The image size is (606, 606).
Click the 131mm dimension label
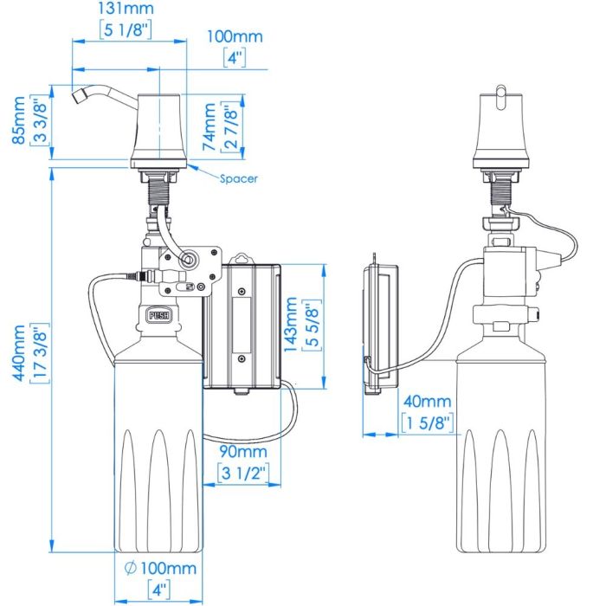(x=126, y=8)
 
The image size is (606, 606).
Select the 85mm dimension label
(x=19, y=120)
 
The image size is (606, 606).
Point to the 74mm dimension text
(x=210, y=126)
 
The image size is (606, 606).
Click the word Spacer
(x=238, y=178)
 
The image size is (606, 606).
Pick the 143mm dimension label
(x=291, y=325)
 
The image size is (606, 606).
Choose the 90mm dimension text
(x=243, y=451)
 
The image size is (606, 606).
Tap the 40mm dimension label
(x=427, y=402)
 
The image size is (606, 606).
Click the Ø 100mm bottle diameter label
(x=160, y=568)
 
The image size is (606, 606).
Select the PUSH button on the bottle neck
(x=159, y=315)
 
